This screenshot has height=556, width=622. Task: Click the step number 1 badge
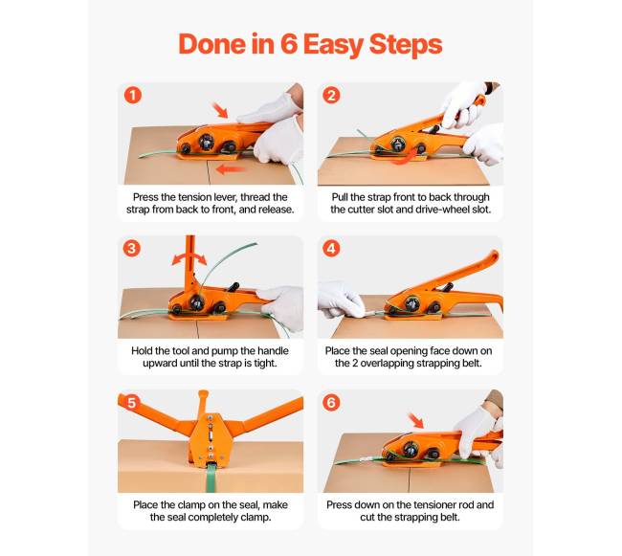point(133,96)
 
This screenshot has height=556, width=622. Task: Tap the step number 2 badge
point(332,96)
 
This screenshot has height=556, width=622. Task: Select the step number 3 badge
point(132,249)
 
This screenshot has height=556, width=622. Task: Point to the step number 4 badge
point(332,249)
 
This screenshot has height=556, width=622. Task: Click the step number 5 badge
point(132,403)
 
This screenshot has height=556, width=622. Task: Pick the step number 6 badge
point(332,403)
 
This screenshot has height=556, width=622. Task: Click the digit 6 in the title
point(289,44)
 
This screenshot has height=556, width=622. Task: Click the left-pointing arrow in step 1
point(230,169)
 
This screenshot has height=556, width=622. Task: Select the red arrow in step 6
point(416,420)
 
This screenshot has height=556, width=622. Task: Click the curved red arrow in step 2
point(406,158)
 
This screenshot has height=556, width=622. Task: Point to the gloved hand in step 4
point(341,300)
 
